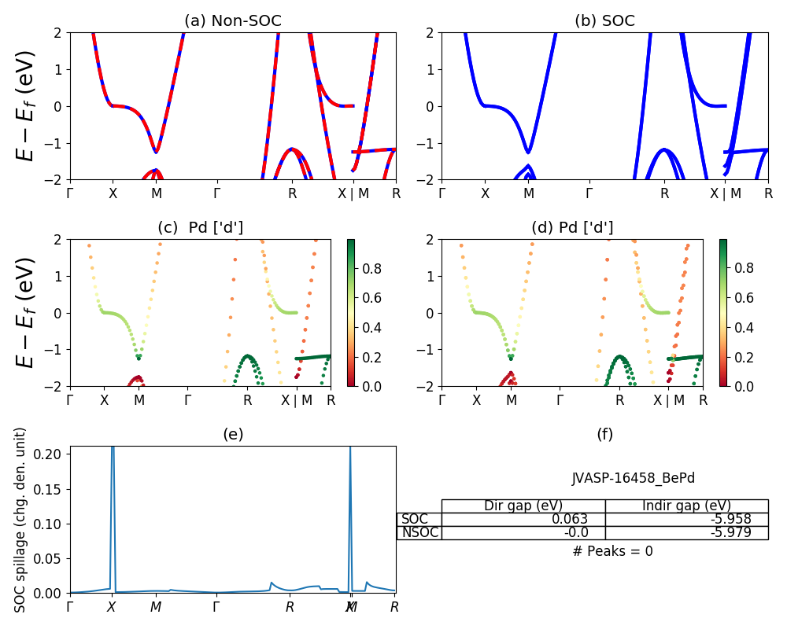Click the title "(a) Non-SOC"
pyautogui.click(x=232, y=21)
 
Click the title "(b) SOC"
pyautogui.click(x=604, y=21)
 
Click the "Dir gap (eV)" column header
pyautogui.click(x=523, y=506)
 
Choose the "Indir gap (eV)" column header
pyautogui.click(x=686, y=506)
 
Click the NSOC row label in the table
pyautogui.click(x=419, y=532)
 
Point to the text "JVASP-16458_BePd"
pyautogui.click(x=633, y=478)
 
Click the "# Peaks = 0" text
pyautogui.click(x=612, y=551)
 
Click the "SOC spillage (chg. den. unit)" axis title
pyautogui.click(x=21, y=520)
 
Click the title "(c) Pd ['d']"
pyautogui.click(x=200, y=228)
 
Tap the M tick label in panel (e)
pyautogui.click(x=156, y=607)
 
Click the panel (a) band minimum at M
pyautogui.click(x=157, y=152)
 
